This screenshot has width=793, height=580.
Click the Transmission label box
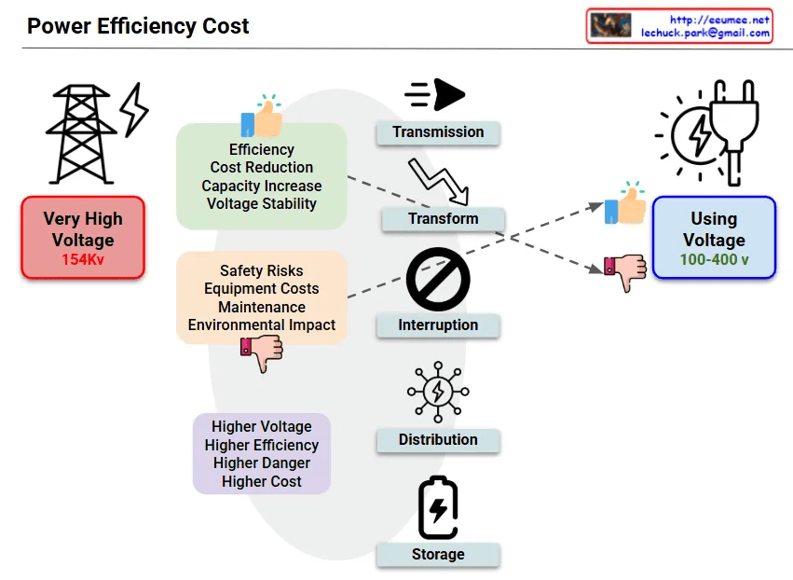point(438,132)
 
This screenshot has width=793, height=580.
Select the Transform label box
point(443,219)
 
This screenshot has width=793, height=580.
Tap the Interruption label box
point(438,325)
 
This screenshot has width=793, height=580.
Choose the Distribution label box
point(438,440)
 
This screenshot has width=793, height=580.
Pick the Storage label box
point(438,555)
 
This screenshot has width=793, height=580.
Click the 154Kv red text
point(83,259)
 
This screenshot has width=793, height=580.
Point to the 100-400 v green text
point(714,259)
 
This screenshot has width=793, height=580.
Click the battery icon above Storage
point(438,508)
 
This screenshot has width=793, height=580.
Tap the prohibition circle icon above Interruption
point(438,281)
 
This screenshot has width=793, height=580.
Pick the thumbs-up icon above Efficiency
point(262,118)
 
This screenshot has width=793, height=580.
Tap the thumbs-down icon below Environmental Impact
point(261,353)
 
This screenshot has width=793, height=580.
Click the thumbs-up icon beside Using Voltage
point(625,204)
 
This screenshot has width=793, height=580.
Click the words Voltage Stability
point(262,203)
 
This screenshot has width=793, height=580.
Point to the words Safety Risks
point(262,271)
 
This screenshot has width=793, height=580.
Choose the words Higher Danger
point(262,463)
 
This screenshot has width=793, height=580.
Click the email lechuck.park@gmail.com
point(705,33)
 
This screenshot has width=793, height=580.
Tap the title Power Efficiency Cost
point(138,26)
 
